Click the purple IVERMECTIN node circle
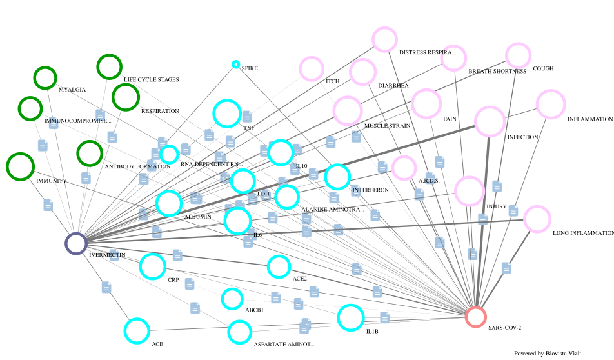click(76, 243)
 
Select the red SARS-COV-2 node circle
click(475, 317)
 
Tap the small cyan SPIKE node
click(236, 65)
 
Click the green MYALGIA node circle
click(45, 77)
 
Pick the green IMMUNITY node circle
click(20, 166)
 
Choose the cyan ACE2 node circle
click(279, 266)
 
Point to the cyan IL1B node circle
click(351, 317)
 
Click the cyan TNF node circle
click(226, 114)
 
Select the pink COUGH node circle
click(518, 55)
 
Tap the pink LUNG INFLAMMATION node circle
click(537, 219)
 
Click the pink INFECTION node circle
click(490, 121)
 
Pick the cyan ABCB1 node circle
click(232, 299)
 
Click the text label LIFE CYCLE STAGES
click(152, 80)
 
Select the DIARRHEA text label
click(393, 85)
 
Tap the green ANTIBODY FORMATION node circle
click(90, 154)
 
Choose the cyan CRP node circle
click(153, 266)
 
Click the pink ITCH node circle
click(312, 68)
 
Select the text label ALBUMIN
click(198, 217)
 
